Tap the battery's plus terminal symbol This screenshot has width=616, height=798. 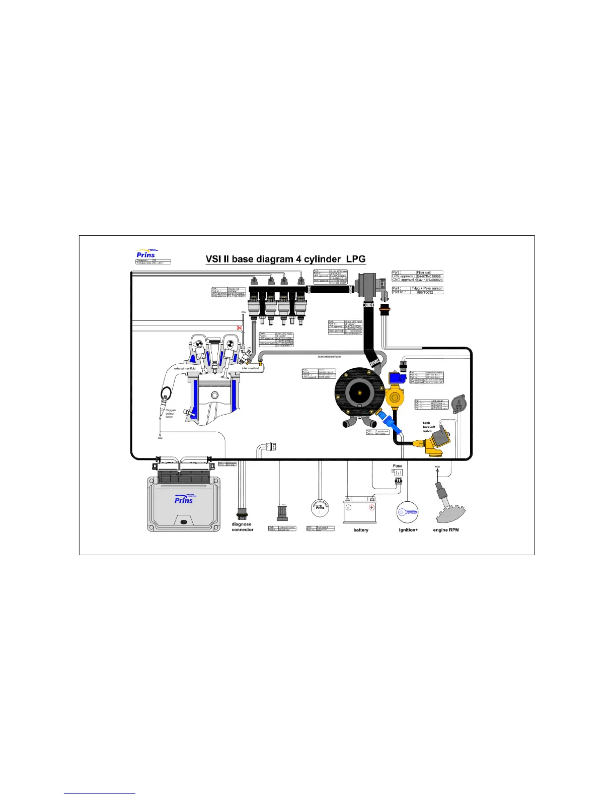(x=371, y=507)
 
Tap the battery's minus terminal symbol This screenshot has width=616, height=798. (x=348, y=507)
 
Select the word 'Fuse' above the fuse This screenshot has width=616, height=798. (x=398, y=466)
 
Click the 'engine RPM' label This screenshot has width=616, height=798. (x=446, y=530)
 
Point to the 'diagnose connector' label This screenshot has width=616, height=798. (x=242, y=527)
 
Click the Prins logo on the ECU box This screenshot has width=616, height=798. (x=184, y=499)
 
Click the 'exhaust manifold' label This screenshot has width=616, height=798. (x=185, y=368)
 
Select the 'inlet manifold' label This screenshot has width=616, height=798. (x=250, y=368)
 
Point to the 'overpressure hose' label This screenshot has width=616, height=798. (x=329, y=357)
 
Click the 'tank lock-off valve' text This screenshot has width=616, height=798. (x=428, y=427)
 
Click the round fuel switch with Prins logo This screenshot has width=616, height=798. (x=320, y=508)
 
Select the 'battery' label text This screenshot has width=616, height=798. (x=361, y=530)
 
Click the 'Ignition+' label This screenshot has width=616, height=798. (x=408, y=530)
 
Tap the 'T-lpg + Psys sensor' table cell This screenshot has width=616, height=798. (x=427, y=289)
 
